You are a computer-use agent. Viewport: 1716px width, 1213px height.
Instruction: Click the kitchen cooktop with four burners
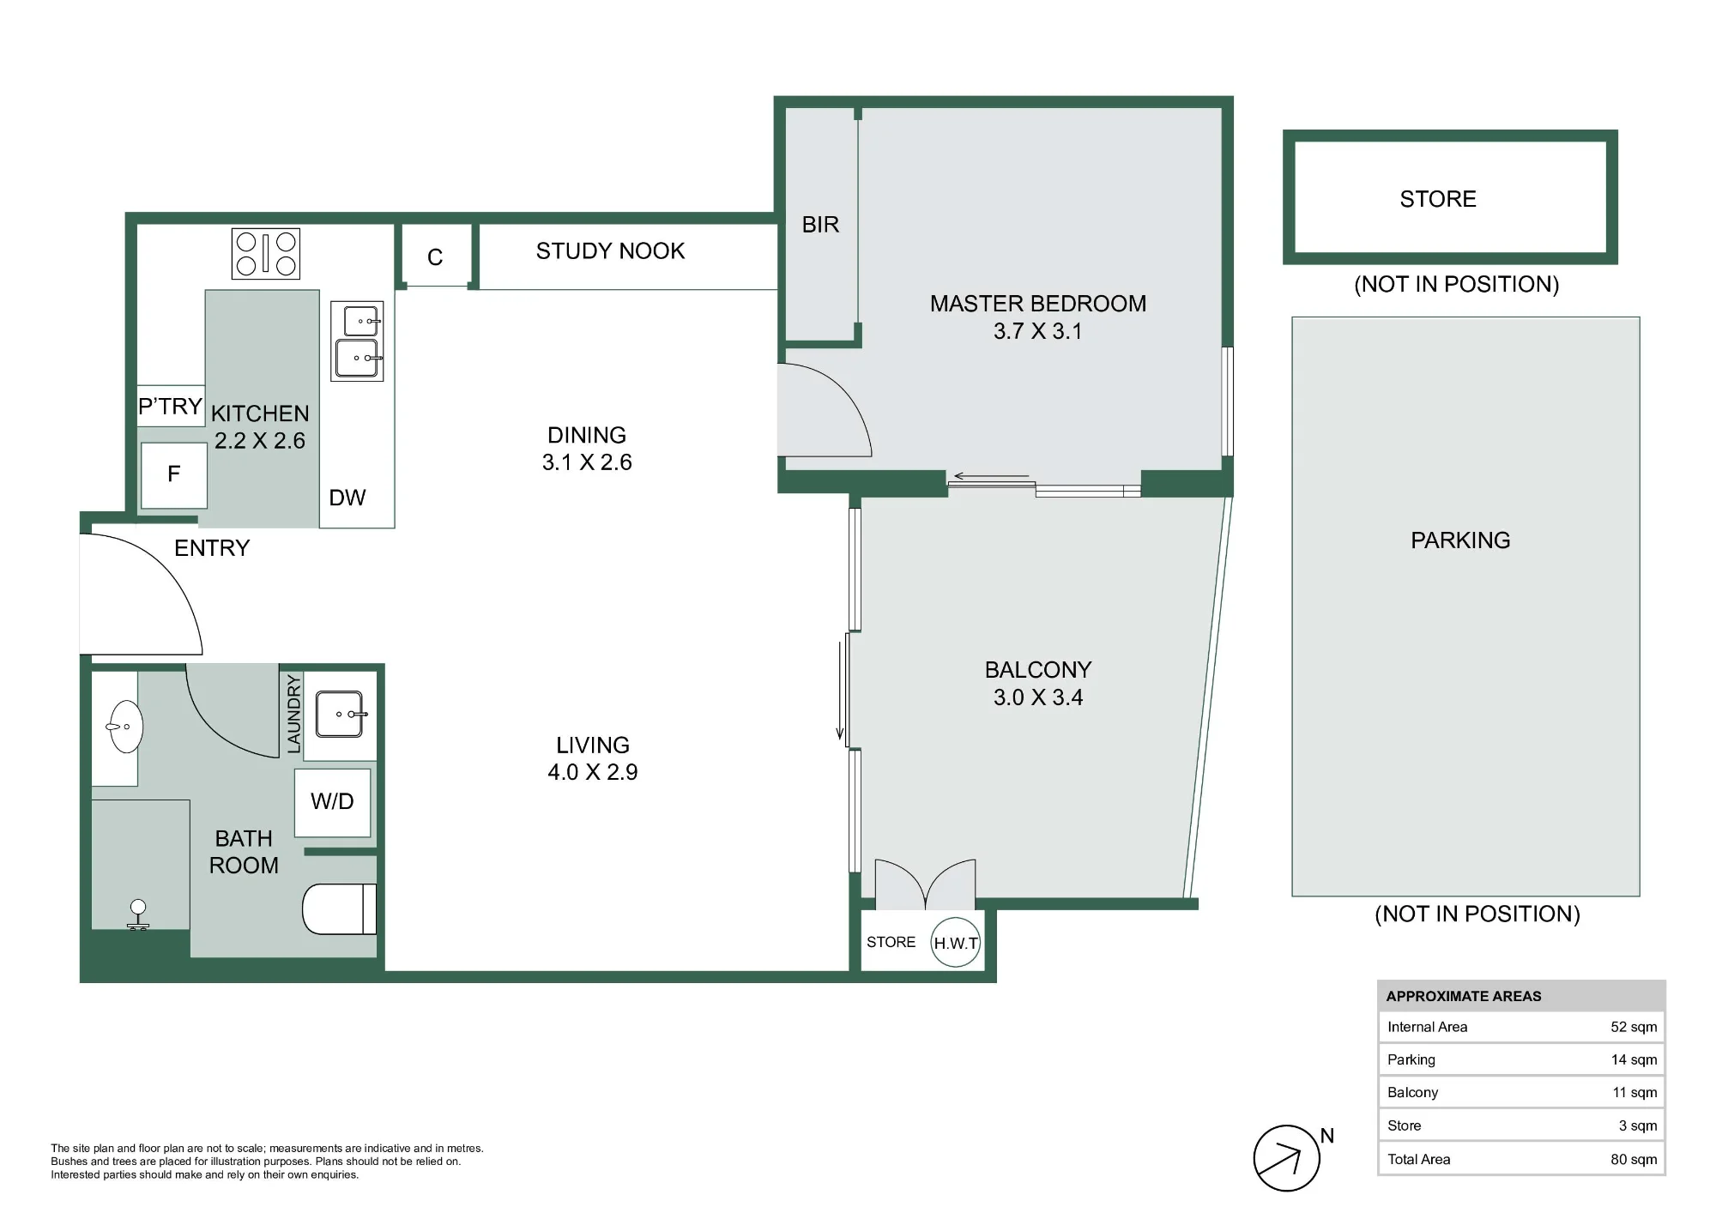pos(266,254)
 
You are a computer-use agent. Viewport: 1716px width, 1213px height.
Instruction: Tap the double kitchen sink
pos(357,341)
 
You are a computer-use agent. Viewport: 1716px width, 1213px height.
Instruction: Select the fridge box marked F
pos(174,474)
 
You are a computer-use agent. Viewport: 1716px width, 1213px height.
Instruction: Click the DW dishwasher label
pos(347,498)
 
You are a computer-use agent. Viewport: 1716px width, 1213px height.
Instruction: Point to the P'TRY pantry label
pos(170,406)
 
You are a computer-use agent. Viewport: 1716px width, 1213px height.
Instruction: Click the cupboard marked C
pos(436,256)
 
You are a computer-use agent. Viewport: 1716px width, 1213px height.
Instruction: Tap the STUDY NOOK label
pos(610,250)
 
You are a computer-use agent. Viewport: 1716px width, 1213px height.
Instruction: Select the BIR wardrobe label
pos(820,225)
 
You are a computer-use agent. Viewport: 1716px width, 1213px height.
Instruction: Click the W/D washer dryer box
pos(333,802)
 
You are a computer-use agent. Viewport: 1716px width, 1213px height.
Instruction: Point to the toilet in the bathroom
pos(340,908)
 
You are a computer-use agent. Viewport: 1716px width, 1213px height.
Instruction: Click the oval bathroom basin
pos(125,727)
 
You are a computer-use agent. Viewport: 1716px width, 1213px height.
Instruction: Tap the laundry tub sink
pos(341,714)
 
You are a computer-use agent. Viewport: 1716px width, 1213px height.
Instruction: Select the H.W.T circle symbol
pos(956,943)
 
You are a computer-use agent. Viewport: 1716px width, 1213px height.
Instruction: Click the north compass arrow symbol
pos(1286,1158)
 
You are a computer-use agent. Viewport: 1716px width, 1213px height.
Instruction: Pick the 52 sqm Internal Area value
pos(1634,1027)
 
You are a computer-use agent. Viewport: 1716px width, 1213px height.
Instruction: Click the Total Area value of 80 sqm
pos(1634,1159)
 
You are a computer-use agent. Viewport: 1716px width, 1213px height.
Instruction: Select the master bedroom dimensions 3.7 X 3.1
pos(1038,331)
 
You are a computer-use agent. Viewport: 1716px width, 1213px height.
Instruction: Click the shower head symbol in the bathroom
pos(138,914)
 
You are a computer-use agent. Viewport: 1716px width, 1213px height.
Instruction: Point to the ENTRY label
pos(212,548)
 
